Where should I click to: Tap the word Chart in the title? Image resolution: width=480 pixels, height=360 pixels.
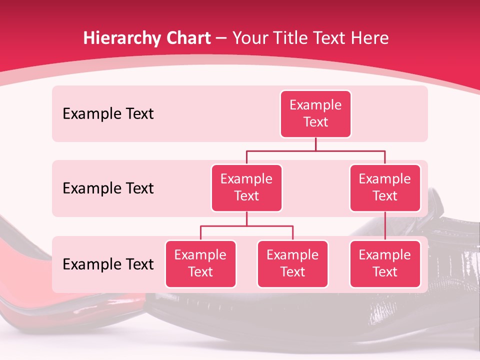(x=187, y=38)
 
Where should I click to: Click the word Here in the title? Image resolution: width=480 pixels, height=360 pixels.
(x=370, y=38)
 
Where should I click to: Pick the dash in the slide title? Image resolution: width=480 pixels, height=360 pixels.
(x=221, y=38)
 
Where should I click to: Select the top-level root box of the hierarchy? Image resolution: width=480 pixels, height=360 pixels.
(x=315, y=113)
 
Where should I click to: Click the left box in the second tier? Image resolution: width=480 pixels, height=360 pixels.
(x=246, y=187)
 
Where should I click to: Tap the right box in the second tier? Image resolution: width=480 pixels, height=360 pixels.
(x=385, y=187)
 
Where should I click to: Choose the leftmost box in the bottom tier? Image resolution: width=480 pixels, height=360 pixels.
(x=200, y=263)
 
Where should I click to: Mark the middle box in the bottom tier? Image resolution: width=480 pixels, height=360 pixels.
(x=292, y=263)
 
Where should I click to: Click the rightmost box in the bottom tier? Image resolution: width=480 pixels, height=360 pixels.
(x=385, y=263)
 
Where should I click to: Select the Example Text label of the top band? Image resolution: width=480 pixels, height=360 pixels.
(x=108, y=113)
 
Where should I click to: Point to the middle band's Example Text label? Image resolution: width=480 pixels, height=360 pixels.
(x=108, y=188)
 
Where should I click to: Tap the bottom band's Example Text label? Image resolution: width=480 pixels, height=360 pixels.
(x=108, y=264)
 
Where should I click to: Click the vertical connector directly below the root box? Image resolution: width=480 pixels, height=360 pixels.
(x=315, y=144)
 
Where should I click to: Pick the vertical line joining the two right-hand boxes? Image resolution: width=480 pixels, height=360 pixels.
(x=385, y=226)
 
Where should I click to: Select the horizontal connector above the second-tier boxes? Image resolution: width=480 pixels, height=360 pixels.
(x=315, y=150)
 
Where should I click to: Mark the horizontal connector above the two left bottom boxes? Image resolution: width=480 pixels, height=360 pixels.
(x=246, y=226)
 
